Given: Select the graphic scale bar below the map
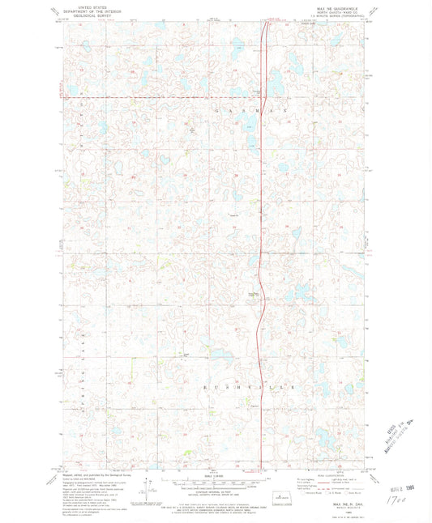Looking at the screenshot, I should [215, 484].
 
